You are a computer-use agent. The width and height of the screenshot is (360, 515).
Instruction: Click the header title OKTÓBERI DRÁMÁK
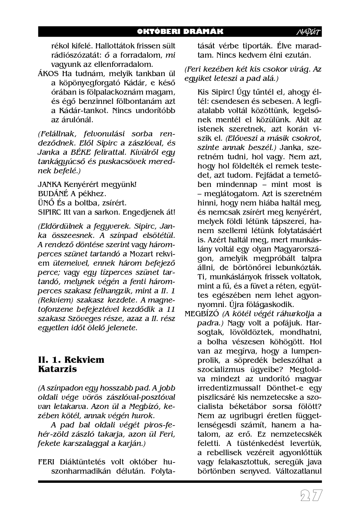[180, 32]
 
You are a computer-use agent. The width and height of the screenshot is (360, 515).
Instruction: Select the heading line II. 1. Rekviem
[71, 359]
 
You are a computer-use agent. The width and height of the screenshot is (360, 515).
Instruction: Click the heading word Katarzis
[57, 369]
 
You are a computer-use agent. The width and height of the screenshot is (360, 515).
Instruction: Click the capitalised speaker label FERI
[46, 462]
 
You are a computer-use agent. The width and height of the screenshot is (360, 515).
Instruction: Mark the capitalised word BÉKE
[98, 152]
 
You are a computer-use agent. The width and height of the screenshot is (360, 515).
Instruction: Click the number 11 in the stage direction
[171, 309]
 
